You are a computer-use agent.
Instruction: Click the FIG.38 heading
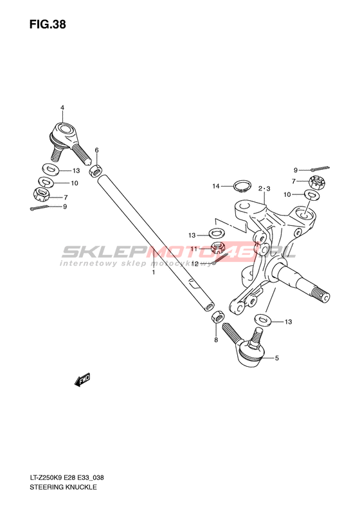pos(48,24)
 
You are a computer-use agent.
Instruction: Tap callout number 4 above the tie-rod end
pos(62,107)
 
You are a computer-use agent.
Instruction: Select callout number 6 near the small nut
pos(96,150)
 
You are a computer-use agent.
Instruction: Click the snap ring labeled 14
pos(242,187)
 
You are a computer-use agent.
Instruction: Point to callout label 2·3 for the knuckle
pos(264,189)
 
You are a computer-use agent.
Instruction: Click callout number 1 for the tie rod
pos(154,272)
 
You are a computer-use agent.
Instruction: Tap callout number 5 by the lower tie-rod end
pos(276,358)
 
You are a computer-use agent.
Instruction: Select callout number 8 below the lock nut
pos(216,340)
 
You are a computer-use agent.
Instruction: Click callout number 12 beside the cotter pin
pos(195,264)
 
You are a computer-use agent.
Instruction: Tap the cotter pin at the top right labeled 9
pos(320,169)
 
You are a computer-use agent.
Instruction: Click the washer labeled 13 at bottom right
pos(263,320)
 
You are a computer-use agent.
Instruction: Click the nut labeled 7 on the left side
pos(41,194)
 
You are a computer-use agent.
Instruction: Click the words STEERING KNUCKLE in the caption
pos(63,487)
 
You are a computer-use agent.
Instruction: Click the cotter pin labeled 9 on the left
pos(41,208)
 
